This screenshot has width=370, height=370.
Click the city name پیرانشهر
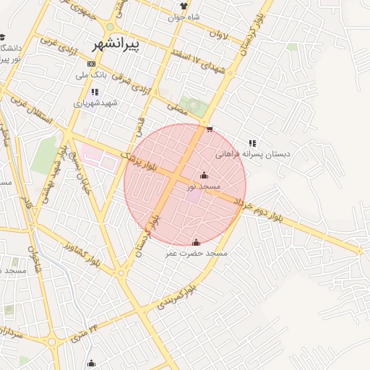coord(119,44)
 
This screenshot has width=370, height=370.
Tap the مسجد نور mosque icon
coord(204,175)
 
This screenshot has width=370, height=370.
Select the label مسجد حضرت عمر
coord(197,254)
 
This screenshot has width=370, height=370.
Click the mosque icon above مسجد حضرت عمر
coord(197,242)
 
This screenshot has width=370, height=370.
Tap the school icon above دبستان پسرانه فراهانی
coord(252,143)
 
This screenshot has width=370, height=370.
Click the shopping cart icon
coord(210,130)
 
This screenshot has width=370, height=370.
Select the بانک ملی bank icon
coord(90,63)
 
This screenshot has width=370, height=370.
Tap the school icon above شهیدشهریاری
coord(95,92)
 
